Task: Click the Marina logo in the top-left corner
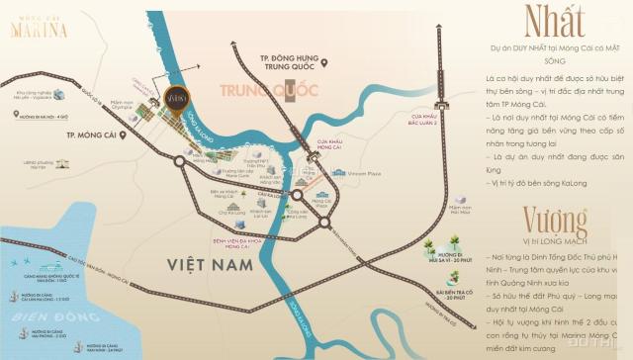pyautogui.click(x=39, y=25)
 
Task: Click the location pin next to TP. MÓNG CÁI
pyautogui.click(x=122, y=132)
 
